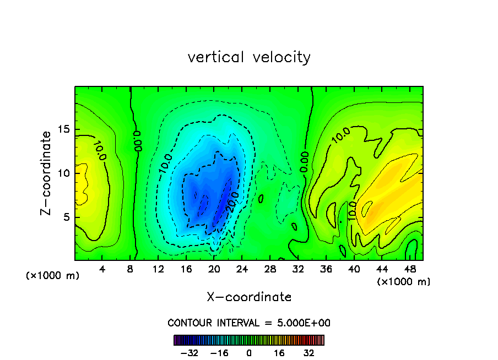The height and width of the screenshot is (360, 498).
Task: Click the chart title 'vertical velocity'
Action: pos(249,57)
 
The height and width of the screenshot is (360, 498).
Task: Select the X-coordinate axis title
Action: pos(249,297)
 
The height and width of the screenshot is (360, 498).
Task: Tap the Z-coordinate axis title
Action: pos(47,173)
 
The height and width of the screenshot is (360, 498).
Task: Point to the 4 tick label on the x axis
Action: pos(102,270)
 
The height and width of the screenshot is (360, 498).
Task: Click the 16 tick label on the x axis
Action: pos(186,270)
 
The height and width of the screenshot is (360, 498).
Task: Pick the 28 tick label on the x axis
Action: pos(270,270)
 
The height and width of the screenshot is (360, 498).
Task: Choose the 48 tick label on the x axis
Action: pos(409,270)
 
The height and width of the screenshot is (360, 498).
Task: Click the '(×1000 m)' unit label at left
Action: pos(53,276)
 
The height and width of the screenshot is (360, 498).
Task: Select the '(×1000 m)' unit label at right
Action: pos(404,282)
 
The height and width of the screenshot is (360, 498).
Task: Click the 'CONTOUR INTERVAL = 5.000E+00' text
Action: pos(249,323)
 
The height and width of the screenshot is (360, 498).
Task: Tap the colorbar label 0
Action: pos(249,353)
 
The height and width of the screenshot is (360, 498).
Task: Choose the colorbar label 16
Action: pos(279,353)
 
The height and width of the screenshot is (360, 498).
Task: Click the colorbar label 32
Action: pos(309,353)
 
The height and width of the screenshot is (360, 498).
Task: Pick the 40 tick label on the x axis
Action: pos(354,270)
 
